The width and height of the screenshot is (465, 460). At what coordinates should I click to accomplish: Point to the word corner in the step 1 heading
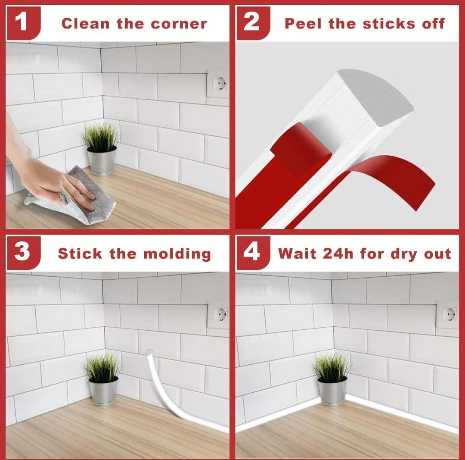179,24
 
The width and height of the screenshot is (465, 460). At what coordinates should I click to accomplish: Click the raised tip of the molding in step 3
149,353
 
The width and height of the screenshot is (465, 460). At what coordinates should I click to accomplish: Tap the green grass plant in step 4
331,367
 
